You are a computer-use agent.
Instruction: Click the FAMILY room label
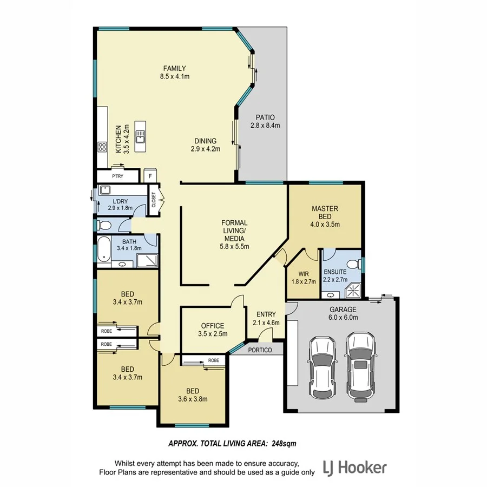174,68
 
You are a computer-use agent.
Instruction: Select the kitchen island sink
141,135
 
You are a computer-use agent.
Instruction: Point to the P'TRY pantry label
117,176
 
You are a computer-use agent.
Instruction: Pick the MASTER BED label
325,213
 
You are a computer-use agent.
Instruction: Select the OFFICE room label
212,326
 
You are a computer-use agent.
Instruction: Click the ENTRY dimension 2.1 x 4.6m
266,323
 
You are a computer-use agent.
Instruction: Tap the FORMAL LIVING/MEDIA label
234,231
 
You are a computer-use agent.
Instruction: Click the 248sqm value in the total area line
282,443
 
